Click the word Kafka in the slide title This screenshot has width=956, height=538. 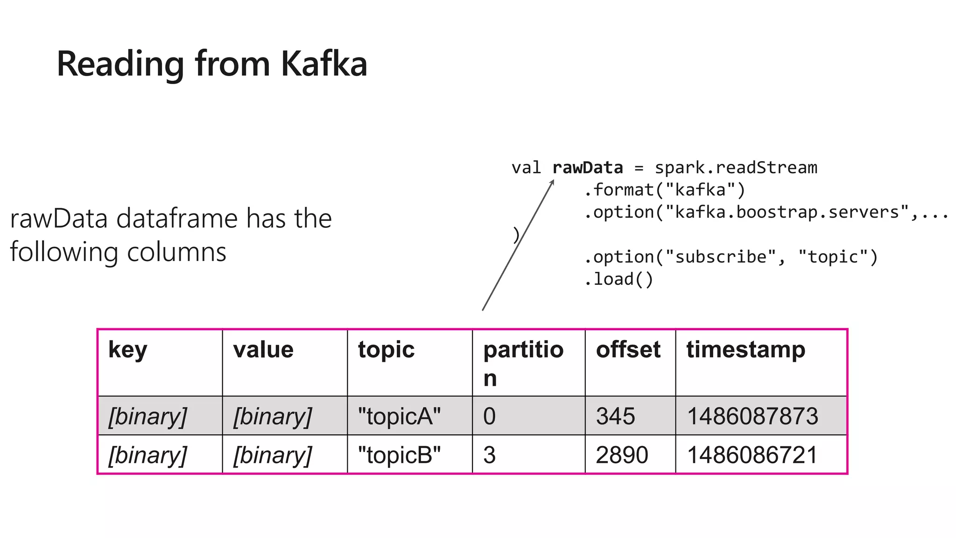(x=324, y=64)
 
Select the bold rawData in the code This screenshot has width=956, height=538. (x=587, y=168)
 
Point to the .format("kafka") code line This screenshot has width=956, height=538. (x=664, y=190)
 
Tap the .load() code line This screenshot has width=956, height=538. (x=619, y=279)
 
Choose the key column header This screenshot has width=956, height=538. (x=127, y=350)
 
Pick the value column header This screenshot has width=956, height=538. (x=263, y=350)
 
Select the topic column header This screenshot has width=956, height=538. (x=386, y=350)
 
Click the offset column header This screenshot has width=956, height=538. (x=628, y=350)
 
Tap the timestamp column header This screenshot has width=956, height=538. (x=745, y=350)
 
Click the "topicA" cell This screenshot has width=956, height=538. (x=399, y=416)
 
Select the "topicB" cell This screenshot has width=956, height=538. (x=399, y=455)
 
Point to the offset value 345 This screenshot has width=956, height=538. (x=615, y=416)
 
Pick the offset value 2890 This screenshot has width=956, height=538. (x=622, y=455)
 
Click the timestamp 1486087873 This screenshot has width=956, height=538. (x=752, y=416)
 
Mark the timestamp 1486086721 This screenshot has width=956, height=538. (x=752, y=455)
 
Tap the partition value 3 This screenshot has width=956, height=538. (x=489, y=455)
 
